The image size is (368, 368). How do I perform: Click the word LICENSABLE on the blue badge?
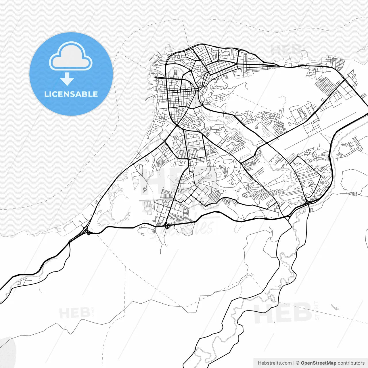(71, 94)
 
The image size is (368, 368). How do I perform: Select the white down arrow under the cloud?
(67, 79)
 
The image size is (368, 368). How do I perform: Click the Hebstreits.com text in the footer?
(275, 363)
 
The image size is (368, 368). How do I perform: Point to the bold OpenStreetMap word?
(318, 363)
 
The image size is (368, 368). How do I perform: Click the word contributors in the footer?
(351, 363)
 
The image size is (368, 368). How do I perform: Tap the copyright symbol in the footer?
(298, 363)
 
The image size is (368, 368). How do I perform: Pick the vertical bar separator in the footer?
(294, 363)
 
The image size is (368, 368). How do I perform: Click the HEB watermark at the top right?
(286, 51)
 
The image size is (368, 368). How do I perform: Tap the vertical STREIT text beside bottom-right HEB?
(317, 310)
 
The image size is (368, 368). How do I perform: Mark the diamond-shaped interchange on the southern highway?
(166, 227)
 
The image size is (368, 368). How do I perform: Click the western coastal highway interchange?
(86, 230)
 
